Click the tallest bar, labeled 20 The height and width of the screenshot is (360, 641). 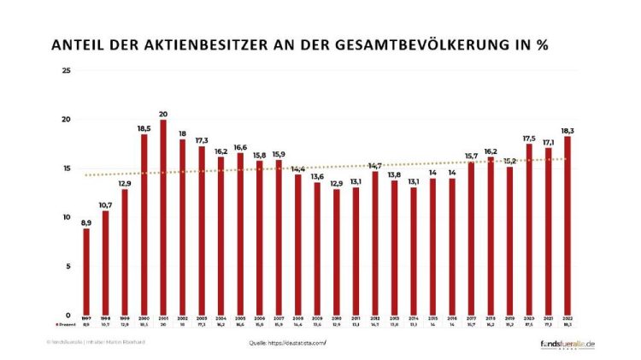pos(162,217)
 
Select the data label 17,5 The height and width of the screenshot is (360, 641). pos(531,136)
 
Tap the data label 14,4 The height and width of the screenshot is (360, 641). pos(298,168)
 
